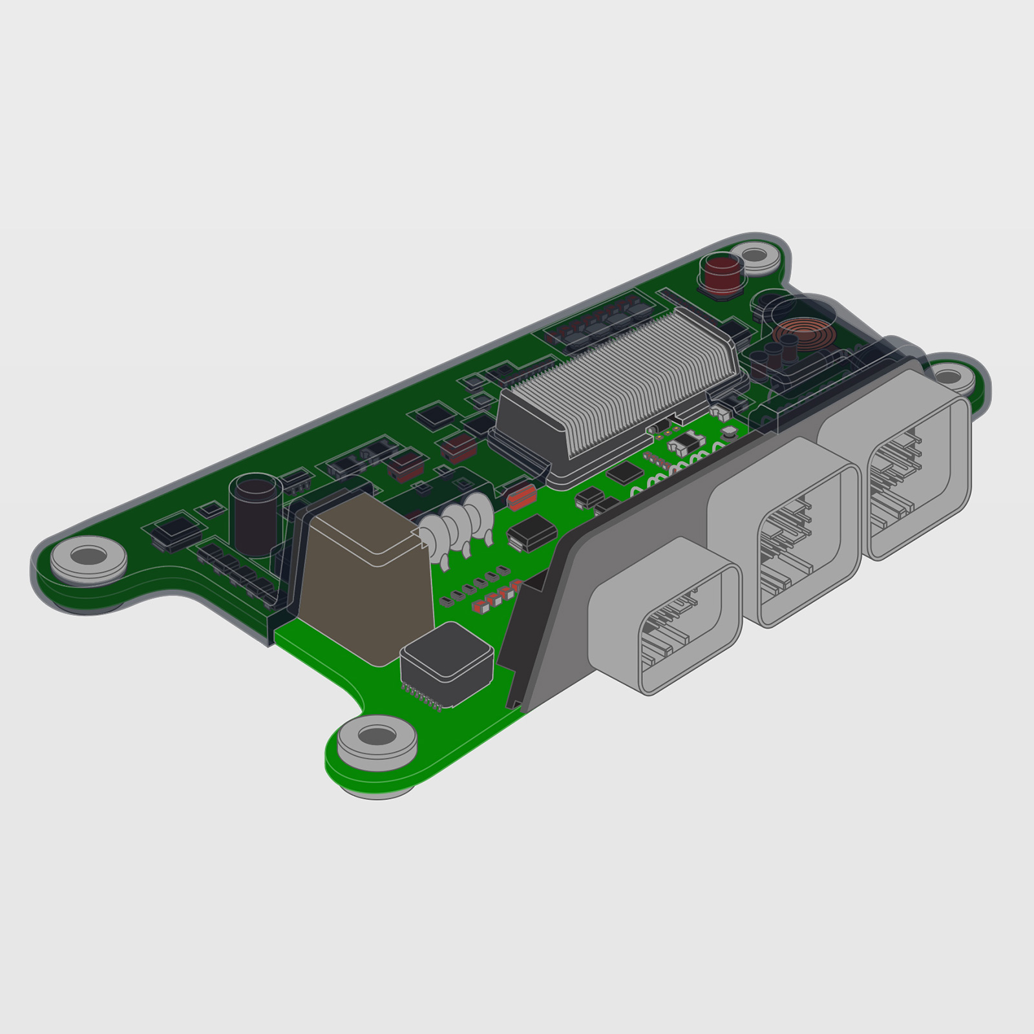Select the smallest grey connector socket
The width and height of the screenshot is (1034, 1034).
click(666, 614)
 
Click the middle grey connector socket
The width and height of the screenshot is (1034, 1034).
click(785, 530)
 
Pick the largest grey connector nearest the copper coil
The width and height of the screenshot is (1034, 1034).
click(898, 465)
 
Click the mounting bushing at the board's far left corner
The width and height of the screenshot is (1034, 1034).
click(89, 556)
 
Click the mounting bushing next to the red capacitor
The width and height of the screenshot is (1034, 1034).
click(759, 255)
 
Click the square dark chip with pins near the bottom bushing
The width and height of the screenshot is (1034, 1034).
click(446, 662)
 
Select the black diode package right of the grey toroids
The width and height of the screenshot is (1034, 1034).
click(532, 534)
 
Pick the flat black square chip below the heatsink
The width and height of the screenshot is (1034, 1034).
click(624, 472)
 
